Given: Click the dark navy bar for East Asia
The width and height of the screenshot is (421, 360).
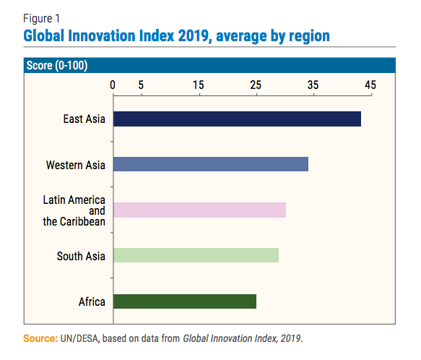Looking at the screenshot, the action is click(237, 119).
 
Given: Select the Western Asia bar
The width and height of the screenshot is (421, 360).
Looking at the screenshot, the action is click(211, 164).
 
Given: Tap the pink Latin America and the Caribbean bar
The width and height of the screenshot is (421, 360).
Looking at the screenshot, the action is click(199, 210).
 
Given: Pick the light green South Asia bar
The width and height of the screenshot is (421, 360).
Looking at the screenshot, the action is click(196, 255).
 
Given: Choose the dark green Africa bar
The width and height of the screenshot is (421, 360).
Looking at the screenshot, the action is click(185, 301).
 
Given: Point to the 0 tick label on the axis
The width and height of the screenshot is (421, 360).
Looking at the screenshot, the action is click(113, 85).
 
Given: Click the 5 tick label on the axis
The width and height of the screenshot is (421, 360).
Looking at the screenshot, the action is click(141, 85).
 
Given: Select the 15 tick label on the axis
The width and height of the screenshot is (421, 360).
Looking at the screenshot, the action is click(199, 85).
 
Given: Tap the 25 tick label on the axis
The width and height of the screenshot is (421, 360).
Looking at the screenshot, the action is click(256, 85).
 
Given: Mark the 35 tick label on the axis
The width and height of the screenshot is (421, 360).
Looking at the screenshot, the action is click(313, 85).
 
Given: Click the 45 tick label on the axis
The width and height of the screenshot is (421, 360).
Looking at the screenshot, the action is click(370, 85).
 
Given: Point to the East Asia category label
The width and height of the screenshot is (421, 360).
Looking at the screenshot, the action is click(84, 119).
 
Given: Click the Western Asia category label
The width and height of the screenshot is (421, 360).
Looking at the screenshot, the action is click(75, 165).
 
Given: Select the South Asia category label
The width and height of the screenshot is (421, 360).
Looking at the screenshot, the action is click(81, 256).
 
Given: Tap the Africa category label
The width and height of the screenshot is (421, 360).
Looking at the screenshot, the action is click(92, 301).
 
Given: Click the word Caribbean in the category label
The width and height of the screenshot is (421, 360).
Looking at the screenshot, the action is click(82, 221).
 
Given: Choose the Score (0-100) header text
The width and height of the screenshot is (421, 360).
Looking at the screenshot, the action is click(57, 65).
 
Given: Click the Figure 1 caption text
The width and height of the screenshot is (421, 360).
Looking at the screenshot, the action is click(41, 19).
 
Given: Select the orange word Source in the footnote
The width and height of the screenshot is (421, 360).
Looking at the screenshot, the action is click(40, 338).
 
